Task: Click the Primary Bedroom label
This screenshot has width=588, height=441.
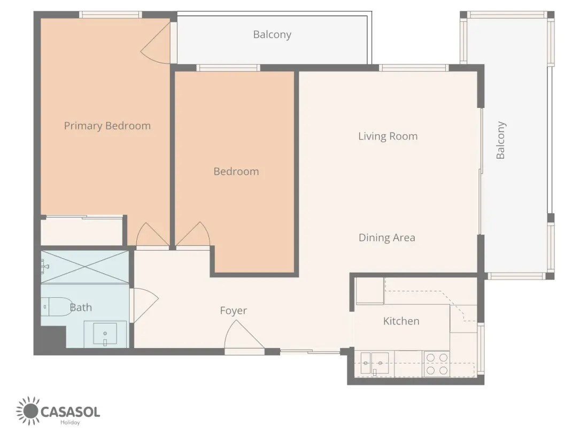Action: (107, 126)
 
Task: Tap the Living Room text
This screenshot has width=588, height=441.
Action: (388, 136)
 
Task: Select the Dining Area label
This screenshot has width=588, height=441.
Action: (386, 238)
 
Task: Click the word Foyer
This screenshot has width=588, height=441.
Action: (233, 311)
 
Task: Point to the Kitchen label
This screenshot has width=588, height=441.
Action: (401, 321)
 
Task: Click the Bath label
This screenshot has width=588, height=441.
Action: (81, 307)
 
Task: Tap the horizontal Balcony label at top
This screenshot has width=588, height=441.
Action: (272, 35)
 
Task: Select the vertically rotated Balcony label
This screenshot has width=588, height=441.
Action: (501, 140)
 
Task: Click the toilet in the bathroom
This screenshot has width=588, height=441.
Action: (57, 307)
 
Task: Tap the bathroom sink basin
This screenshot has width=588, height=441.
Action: (105, 334)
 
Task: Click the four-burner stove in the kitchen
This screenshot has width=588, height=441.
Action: (437, 363)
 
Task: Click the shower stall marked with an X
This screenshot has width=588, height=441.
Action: (85, 267)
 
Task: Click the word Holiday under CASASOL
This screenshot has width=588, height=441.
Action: (70, 423)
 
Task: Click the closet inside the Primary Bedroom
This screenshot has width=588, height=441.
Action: (82, 231)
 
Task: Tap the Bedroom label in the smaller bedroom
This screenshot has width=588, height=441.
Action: (236, 172)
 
